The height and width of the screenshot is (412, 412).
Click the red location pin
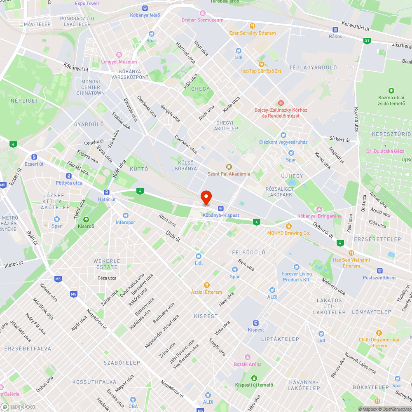[x=206, y=197]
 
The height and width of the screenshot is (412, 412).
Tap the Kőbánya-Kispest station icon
[x=221, y=208]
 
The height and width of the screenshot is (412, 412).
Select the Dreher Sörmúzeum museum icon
[x=202, y=13]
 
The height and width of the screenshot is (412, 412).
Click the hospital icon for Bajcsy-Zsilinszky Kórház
[x=281, y=102]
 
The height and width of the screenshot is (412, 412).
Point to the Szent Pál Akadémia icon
[x=229, y=166]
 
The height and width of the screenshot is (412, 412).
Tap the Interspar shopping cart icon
[x=125, y=215]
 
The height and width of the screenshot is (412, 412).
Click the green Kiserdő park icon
[x=86, y=219]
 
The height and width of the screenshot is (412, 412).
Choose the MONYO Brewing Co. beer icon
[x=288, y=226]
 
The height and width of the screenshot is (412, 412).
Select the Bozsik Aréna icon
[x=248, y=357]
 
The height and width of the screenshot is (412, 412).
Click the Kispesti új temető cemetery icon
[x=254, y=378]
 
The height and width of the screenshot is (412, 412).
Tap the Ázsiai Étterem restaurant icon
[x=207, y=285]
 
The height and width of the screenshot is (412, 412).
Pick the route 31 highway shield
[x=367, y=40]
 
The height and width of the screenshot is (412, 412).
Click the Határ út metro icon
[x=107, y=192]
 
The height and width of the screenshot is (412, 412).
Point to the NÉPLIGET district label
[x=24, y=101]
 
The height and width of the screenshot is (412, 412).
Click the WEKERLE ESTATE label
[x=107, y=264]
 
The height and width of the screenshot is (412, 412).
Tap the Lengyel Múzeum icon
[x=119, y=55]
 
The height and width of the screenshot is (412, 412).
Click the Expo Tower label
[x=87, y=3]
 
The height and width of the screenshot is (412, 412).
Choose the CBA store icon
[x=133, y=399]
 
